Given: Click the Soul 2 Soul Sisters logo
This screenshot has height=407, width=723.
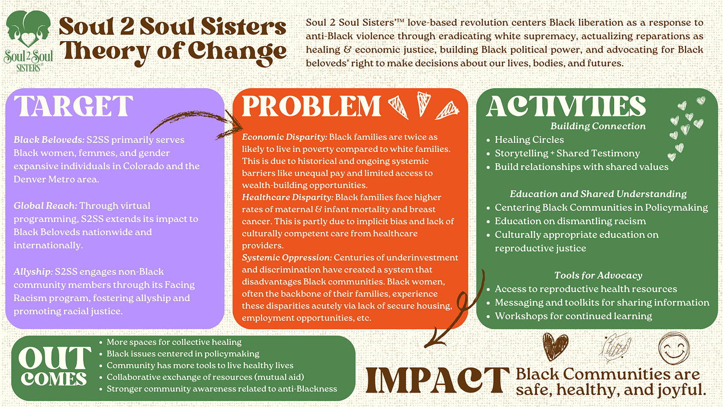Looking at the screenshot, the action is pyautogui.click(x=28, y=41).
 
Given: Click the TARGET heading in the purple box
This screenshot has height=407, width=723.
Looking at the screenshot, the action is pyautogui.click(x=73, y=106).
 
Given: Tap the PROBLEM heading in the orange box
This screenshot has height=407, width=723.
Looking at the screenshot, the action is pyautogui.click(x=311, y=106).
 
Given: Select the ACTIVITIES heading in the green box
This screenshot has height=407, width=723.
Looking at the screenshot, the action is pyautogui.click(x=566, y=106).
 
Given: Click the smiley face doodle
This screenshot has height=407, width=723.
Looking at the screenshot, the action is pyautogui.click(x=674, y=348).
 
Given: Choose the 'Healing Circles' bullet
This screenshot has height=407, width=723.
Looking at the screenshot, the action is pyautogui.click(x=529, y=140).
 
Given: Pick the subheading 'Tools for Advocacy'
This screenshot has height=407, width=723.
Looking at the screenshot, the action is pyautogui.click(x=598, y=275).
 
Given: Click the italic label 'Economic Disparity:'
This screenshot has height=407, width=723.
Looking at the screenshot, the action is pyautogui.click(x=285, y=137).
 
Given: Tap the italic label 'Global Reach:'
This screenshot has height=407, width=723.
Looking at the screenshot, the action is pyautogui.click(x=46, y=206).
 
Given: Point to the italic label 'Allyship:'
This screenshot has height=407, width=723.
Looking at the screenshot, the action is pyautogui.click(x=33, y=272).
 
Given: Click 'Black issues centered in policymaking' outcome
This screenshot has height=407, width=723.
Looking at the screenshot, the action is pyautogui.click(x=183, y=354).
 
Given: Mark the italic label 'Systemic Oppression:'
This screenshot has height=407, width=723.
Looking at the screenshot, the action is pyautogui.click(x=287, y=257).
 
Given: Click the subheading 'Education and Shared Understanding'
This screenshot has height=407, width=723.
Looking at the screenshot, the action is pyautogui.click(x=598, y=194).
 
